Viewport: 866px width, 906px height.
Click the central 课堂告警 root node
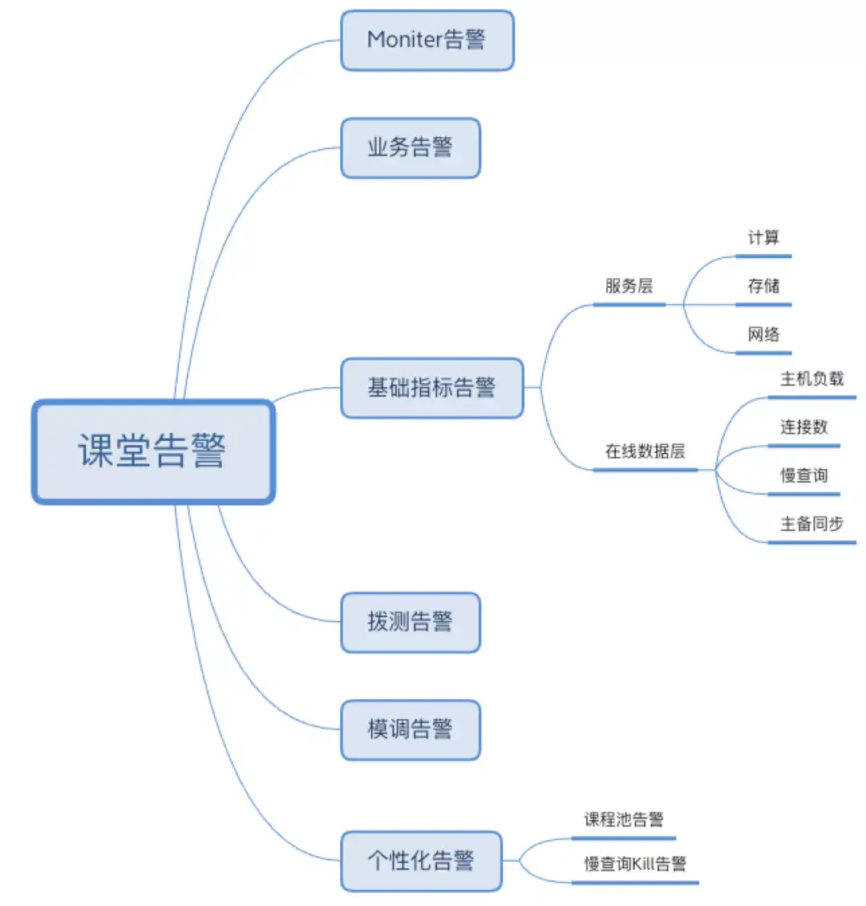click(x=152, y=451)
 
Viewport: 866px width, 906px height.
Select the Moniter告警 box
click(x=427, y=40)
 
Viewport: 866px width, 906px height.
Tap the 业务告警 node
click(x=410, y=148)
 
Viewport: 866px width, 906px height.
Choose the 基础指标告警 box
click(x=431, y=388)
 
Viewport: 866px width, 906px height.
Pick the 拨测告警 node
click(x=410, y=622)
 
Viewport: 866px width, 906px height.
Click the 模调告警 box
click(x=410, y=730)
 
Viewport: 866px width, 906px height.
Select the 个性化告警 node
click(x=421, y=861)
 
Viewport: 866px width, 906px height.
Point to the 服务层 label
click(x=629, y=286)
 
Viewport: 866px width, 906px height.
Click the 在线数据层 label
click(x=645, y=451)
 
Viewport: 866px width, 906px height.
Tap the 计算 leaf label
click(x=763, y=237)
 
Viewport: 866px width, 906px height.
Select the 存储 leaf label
click(x=763, y=286)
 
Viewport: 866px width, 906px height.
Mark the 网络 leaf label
click(x=763, y=334)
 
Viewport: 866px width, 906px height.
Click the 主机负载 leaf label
click(x=811, y=378)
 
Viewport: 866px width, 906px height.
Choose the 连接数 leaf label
click(x=803, y=427)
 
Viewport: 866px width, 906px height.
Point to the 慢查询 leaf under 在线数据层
click(x=803, y=475)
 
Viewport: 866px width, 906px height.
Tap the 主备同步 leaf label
click(x=811, y=524)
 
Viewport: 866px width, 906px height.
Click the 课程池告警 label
click(x=623, y=819)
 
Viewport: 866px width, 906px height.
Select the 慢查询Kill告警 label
click(x=634, y=864)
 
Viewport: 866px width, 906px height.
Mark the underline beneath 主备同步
click(x=811, y=543)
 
